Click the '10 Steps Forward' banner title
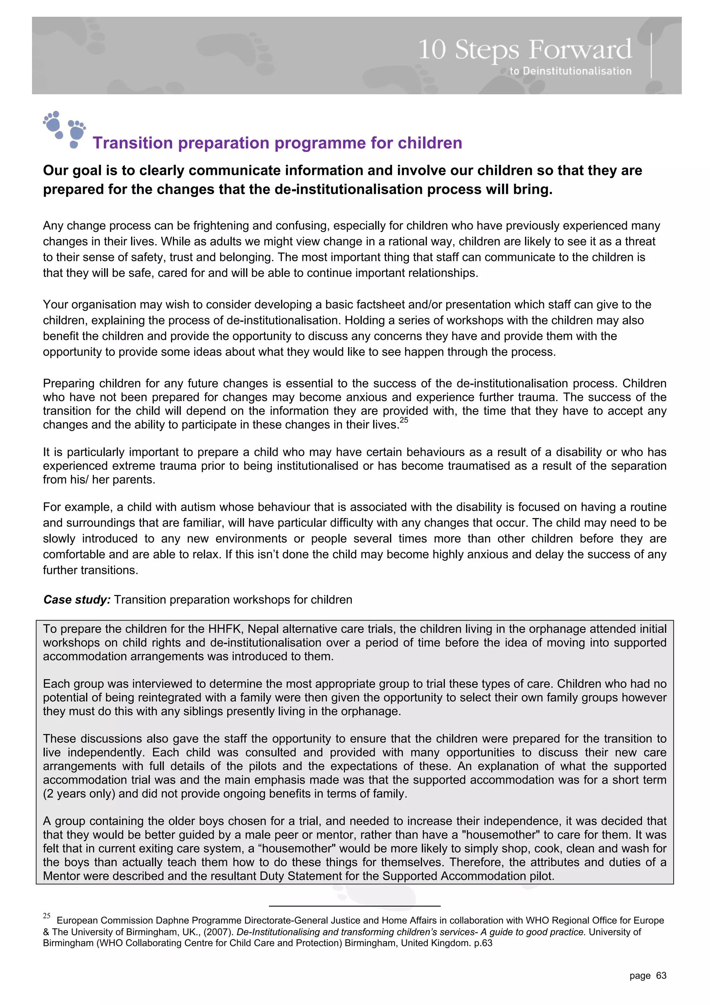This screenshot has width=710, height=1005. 525,49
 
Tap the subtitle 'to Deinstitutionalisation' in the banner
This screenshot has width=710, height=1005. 570,71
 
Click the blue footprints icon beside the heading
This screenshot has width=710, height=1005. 64,129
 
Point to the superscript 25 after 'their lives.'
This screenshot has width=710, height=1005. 404,420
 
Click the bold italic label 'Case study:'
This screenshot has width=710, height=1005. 77,600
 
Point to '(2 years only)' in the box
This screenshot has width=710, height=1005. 79,794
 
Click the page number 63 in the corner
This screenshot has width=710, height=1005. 661,975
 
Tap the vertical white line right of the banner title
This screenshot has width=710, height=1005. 651,56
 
